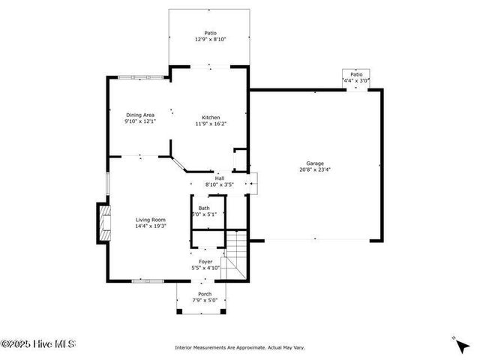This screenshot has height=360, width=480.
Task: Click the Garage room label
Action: point(314,163)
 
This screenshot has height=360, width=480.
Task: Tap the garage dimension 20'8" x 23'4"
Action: point(314,169)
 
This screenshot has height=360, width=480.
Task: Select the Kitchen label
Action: point(211,117)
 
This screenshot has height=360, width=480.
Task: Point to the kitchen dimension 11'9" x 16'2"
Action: point(211,124)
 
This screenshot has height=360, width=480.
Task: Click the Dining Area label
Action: point(139,115)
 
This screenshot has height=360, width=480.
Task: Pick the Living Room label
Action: point(150,219)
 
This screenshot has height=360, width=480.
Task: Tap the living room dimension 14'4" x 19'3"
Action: point(150,226)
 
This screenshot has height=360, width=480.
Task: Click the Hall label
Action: point(220,178)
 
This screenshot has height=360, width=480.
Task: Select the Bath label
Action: point(204,208)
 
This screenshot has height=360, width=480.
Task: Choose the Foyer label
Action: point(205,261)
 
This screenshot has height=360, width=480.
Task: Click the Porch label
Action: point(205,294)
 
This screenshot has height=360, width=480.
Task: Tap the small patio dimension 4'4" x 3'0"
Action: point(356,79)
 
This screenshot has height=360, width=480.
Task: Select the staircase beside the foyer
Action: point(236,253)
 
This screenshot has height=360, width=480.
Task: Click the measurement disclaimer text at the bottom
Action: point(239,347)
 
